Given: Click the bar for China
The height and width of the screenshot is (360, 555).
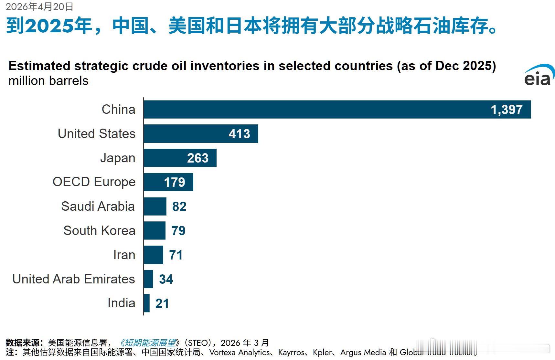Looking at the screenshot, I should [x=323, y=110].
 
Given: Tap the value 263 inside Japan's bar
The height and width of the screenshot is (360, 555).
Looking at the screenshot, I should [x=197, y=158].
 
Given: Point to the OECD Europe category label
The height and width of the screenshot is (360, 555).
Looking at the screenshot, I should [x=94, y=182].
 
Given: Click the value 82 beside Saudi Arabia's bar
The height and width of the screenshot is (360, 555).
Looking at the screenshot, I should [x=179, y=206].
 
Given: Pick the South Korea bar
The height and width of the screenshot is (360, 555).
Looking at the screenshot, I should [x=155, y=231].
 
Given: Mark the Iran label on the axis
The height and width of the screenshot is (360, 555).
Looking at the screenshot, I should [x=124, y=255].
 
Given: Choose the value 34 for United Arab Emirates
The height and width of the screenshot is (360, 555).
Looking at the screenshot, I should [x=166, y=279].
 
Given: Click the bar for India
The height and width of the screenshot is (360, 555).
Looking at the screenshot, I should [x=147, y=303].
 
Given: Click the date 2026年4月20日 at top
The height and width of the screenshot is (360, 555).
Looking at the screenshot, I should [x=39, y=6].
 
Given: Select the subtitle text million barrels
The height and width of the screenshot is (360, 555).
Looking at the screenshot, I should [x=48, y=81].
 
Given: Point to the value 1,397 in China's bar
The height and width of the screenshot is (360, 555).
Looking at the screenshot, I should [x=506, y=110].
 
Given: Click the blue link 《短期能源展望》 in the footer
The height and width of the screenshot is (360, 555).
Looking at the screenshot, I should [x=149, y=343].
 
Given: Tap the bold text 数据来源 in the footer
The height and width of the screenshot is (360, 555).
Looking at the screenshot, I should [x=22, y=343].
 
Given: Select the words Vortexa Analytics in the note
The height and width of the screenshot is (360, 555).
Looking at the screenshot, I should [x=239, y=352].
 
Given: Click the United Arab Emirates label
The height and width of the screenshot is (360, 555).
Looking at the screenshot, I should [x=73, y=279].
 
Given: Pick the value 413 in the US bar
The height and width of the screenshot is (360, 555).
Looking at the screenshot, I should [x=239, y=134].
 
